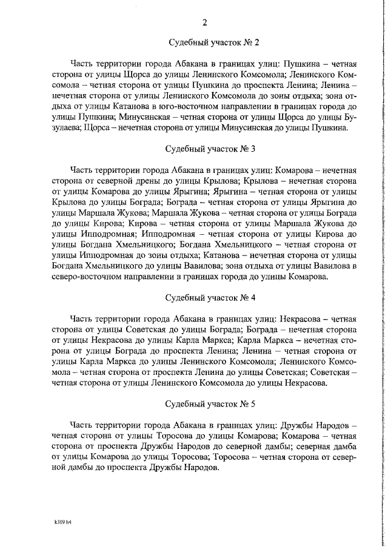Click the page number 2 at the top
pos(205,23)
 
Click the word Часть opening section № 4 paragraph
pos(82,318)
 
